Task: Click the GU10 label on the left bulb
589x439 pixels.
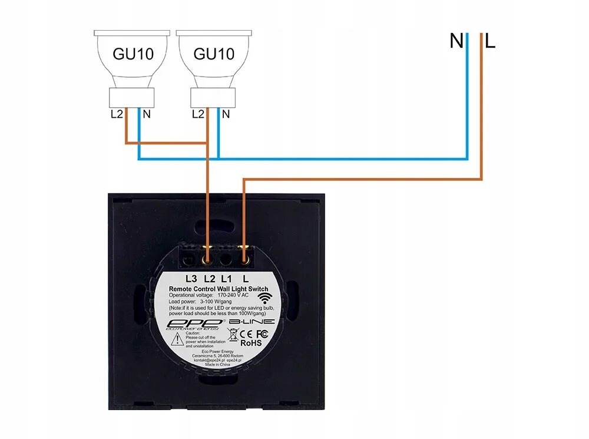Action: pos(133,54)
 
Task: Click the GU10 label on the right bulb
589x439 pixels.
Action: pos(214,54)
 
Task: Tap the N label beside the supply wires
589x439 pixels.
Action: pos(456,41)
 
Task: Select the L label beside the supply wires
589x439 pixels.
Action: pos(490,41)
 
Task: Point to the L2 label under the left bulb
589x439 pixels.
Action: pos(117,114)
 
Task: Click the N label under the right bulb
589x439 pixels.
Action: pos(226,114)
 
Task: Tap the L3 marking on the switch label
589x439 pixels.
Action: pos(190,278)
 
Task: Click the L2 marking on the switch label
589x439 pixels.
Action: pos(208,278)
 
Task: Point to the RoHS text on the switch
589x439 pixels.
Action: pos(251,342)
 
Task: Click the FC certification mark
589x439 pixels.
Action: pos(263,334)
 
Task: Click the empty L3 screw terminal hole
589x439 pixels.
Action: pos(190,259)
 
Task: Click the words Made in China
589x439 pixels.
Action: pos(218,365)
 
